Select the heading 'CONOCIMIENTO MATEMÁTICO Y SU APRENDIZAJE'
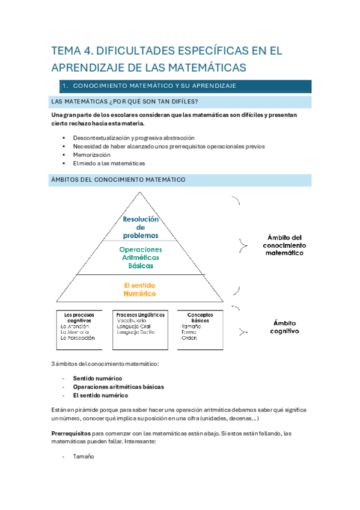pyautogui.click(x=156, y=86)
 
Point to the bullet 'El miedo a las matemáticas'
pyautogui.click(x=109, y=163)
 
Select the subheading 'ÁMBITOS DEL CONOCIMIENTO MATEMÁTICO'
pyautogui.click(x=119, y=180)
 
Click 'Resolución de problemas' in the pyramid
pyautogui.click(x=141, y=227)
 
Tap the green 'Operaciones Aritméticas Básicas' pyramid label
pyautogui.click(x=140, y=257)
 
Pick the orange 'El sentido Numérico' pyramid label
pyautogui.click(x=139, y=289)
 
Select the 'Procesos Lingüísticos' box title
pyautogui.click(x=139, y=315)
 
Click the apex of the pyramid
pyautogui.click(x=140, y=193)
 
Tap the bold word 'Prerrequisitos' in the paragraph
pyautogui.click(x=71, y=432)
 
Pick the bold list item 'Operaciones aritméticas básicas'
pyautogui.click(x=118, y=387)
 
